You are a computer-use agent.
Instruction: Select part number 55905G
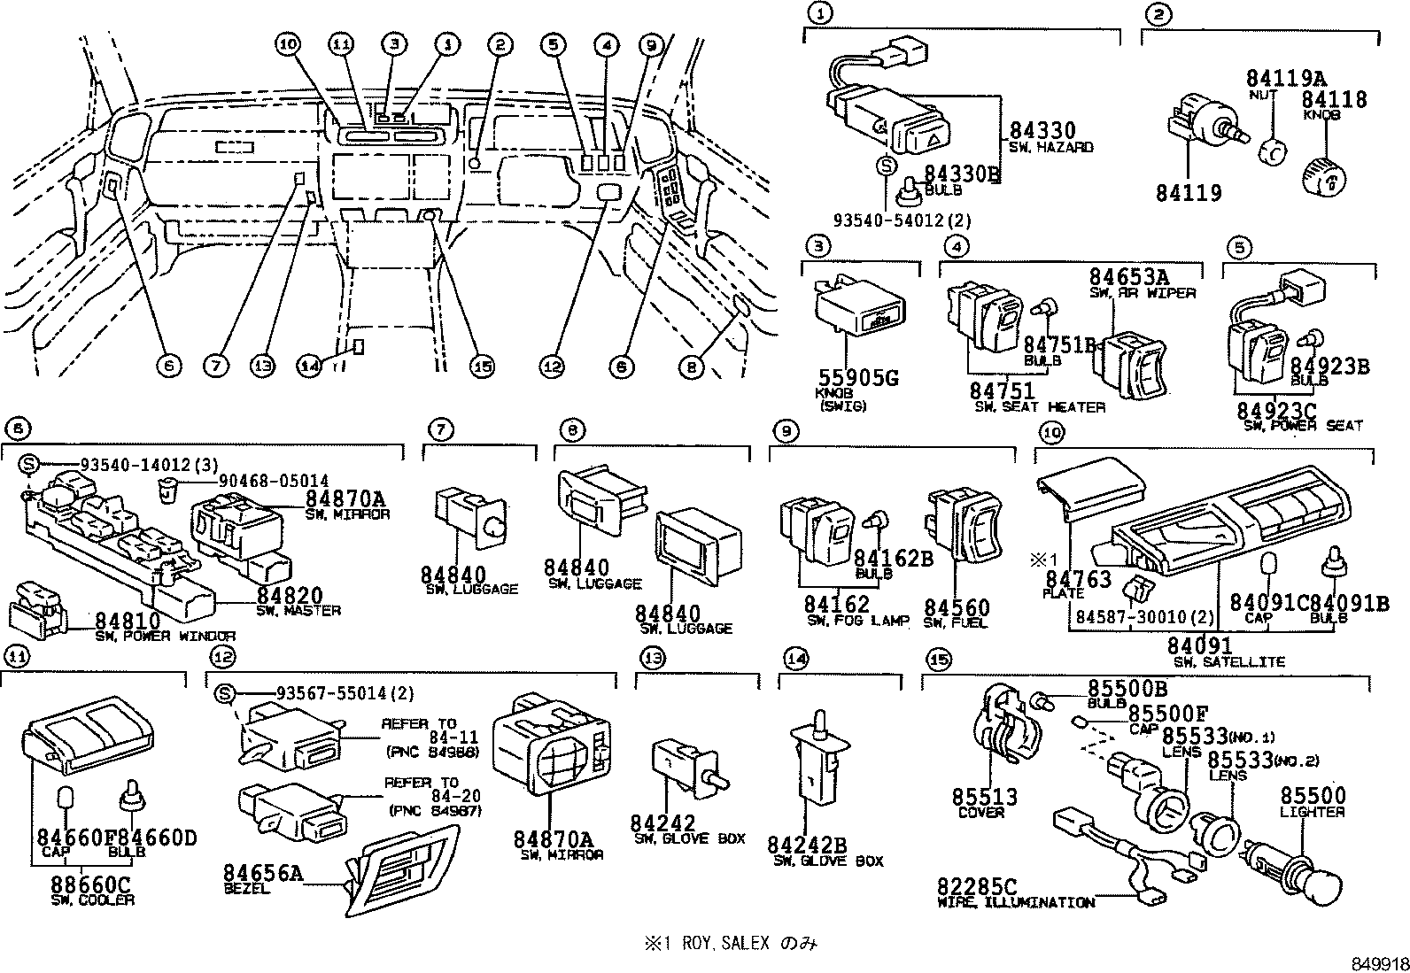(x=856, y=377)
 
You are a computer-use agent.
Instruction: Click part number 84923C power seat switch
(x=1279, y=410)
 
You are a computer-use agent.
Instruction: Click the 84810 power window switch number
(x=128, y=621)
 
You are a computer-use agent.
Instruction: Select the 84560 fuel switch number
(x=957, y=607)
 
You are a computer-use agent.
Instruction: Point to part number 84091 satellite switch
(x=1198, y=646)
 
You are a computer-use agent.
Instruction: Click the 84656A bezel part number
(x=263, y=875)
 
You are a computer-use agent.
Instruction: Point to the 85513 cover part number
(x=985, y=797)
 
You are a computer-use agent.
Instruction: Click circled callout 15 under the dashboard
(x=483, y=366)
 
